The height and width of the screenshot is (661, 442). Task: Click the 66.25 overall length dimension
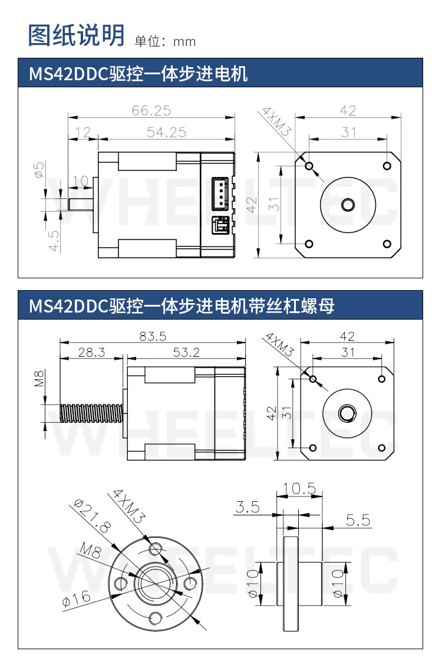pyautogui.click(x=151, y=110)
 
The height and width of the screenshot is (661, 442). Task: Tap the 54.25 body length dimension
pyautogui.click(x=166, y=132)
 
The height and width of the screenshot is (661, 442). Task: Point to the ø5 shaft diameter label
pyautogui.click(x=39, y=170)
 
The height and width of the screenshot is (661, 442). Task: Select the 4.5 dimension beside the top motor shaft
pyautogui.click(x=54, y=241)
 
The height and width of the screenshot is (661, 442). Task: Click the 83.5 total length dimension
pyautogui.click(x=153, y=337)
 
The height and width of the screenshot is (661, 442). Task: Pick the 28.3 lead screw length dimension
pyautogui.click(x=91, y=352)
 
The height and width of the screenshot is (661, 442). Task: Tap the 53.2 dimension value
pyautogui.click(x=186, y=352)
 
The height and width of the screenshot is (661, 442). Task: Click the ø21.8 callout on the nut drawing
pyautogui.click(x=93, y=516)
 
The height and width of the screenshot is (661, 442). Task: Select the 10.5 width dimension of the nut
pyautogui.click(x=299, y=488)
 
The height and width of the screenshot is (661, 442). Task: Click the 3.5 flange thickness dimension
pyautogui.click(x=248, y=507)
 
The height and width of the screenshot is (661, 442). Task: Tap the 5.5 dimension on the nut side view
pyautogui.click(x=358, y=520)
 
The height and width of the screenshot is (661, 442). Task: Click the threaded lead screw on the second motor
pyautogui.click(x=91, y=413)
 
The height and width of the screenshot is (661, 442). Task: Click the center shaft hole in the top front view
pyautogui.click(x=348, y=205)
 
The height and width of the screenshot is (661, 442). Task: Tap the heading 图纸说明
pyautogui.click(x=76, y=35)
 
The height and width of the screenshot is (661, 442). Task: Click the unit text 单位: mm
pyautogui.click(x=165, y=41)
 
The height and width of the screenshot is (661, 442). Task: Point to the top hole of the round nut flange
pyautogui.click(x=156, y=549)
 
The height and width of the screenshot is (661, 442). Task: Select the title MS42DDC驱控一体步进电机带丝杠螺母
pyautogui.click(x=182, y=306)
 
